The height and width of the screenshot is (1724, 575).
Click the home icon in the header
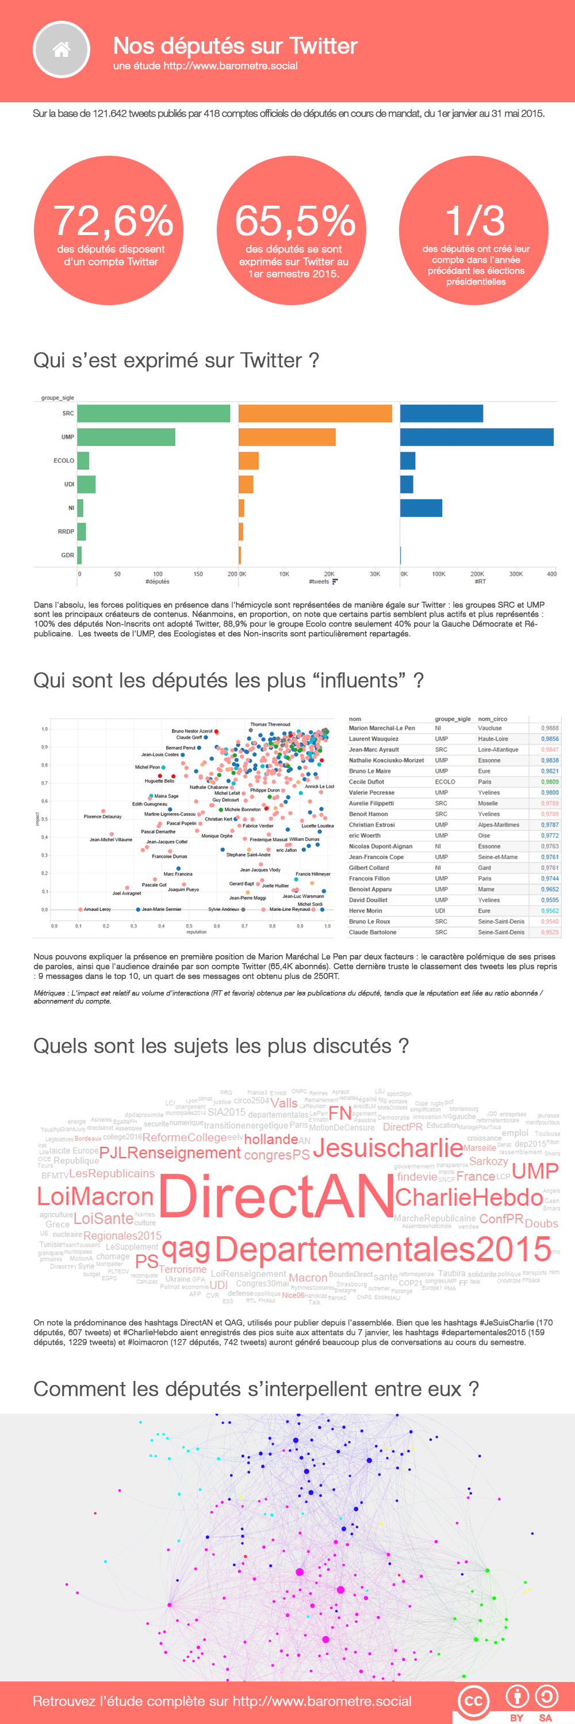(x=62, y=49)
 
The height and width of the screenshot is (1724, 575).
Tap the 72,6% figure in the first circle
(x=113, y=221)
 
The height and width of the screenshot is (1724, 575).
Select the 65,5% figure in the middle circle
(x=294, y=221)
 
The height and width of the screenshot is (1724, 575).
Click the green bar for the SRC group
(x=154, y=414)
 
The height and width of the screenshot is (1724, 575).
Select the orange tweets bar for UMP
(x=286, y=437)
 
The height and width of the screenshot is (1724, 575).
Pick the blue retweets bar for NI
(x=421, y=508)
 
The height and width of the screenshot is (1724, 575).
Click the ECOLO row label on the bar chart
(x=64, y=460)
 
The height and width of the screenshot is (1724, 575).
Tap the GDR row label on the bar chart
(x=68, y=555)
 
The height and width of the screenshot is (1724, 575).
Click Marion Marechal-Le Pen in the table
(x=382, y=728)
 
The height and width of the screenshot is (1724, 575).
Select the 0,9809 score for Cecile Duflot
(x=550, y=782)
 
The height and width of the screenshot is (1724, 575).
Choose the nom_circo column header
(x=492, y=719)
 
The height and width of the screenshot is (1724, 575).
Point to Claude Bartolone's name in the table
(x=372, y=932)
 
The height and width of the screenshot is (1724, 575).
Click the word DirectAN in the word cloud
(x=276, y=1196)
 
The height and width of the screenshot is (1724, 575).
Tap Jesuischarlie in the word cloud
(x=388, y=1148)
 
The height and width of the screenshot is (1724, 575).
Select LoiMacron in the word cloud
(x=95, y=1196)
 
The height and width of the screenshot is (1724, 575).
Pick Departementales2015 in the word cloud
(x=383, y=1249)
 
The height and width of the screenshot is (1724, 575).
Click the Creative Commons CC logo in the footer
(x=473, y=1700)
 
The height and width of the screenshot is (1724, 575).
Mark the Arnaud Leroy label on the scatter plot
(x=97, y=910)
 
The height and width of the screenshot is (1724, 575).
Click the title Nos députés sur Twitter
(x=235, y=45)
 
